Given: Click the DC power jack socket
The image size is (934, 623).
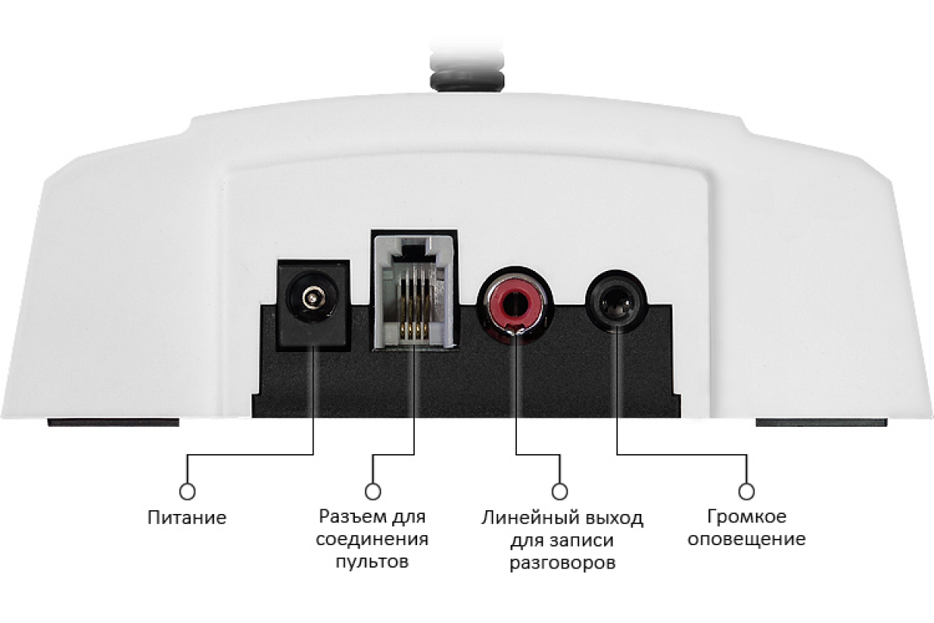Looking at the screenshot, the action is pos(313,304).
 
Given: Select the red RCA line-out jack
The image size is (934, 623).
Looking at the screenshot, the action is pos(515,302).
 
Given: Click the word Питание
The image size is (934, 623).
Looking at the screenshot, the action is pos(187,518).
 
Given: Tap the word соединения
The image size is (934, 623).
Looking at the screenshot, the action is pos(372,539).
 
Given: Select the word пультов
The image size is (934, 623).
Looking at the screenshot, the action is pos(372,561).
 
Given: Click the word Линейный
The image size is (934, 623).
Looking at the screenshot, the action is pos(528,519).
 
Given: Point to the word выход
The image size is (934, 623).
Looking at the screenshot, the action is pos(611,519).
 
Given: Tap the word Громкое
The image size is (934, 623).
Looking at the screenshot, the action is pos(746,517).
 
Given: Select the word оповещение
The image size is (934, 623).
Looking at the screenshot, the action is pos(746,539).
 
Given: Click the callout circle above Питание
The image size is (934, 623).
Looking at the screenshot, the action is pos(188,491).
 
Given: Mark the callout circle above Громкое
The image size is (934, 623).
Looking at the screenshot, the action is pos(746,491).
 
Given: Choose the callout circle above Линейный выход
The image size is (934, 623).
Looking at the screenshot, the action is pos(560,491).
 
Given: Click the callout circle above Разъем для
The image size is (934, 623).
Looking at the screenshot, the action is pos(372,491).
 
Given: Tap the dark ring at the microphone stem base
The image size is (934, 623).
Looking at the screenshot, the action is pos(467,81).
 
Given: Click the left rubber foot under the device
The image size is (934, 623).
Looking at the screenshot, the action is pos(114,422).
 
